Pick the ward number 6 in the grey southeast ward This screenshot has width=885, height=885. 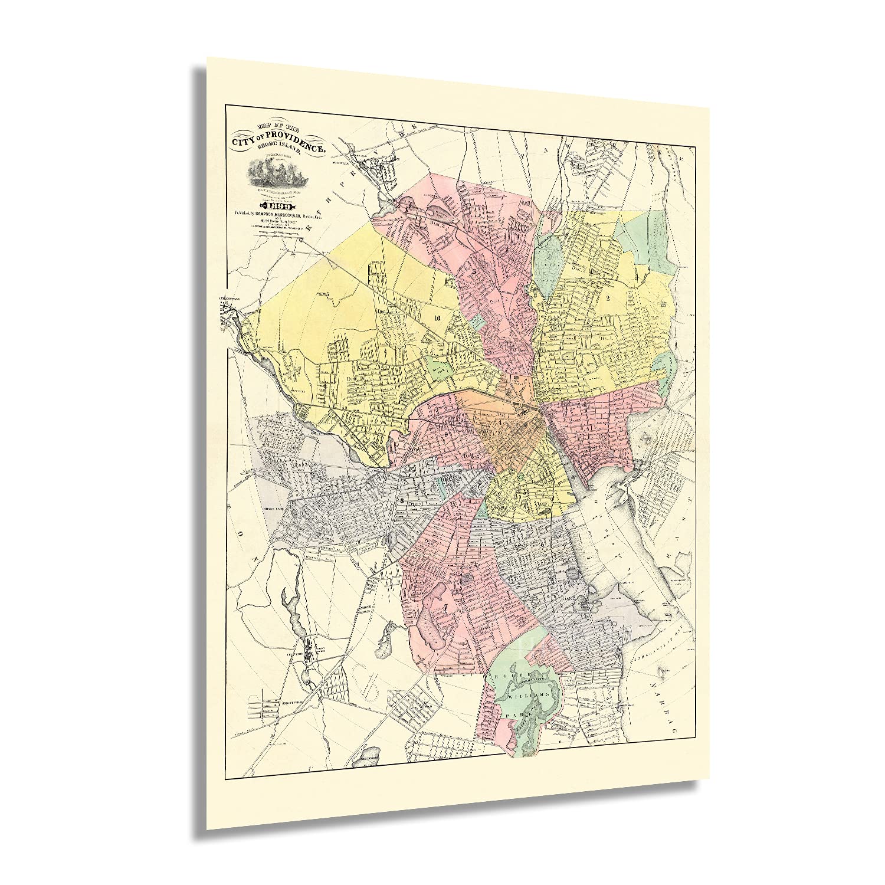click(x=542, y=545)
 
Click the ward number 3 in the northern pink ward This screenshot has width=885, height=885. click(x=474, y=271)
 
